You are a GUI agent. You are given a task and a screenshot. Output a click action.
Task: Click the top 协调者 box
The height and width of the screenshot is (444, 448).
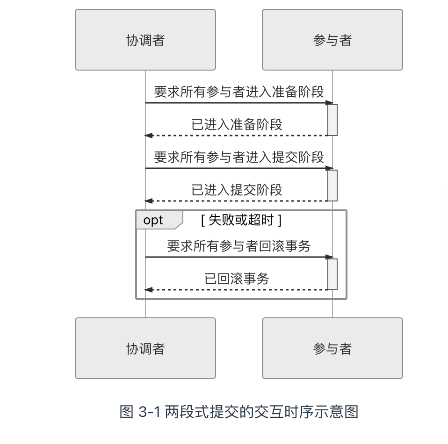(x=145, y=40)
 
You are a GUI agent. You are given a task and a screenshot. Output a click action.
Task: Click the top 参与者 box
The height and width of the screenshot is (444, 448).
(x=332, y=40)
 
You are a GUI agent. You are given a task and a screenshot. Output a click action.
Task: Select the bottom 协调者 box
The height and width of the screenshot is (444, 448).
(x=145, y=348)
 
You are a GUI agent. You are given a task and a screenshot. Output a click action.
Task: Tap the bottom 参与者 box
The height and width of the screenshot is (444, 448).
(x=332, y=348)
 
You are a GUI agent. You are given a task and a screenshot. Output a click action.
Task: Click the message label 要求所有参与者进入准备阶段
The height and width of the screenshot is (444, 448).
(x=239, y=92)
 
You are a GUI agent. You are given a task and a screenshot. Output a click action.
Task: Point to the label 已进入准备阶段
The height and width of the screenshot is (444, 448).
(x=237, y=124)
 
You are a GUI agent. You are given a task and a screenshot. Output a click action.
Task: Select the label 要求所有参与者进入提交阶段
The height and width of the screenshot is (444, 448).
(x=239, y=157)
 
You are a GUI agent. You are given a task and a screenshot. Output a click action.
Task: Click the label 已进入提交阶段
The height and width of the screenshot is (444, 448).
(x=237, y=190)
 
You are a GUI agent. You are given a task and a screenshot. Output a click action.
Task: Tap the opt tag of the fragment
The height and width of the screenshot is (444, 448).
(x=153, y=220)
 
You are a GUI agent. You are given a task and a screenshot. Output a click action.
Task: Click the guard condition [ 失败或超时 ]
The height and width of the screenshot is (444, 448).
(x=241, y=220)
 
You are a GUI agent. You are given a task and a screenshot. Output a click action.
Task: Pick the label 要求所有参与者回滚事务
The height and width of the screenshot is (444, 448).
(x=239, y=246)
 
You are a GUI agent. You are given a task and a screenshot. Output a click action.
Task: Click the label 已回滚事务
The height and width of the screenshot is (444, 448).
(x=237, y=279)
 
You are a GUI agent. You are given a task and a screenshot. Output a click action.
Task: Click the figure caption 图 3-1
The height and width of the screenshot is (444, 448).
(x=239, y=412)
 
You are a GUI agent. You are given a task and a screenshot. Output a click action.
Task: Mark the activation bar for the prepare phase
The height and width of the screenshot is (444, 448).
(x=332, y=120)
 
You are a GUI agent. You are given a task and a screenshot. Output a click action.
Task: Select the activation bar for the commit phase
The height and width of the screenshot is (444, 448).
(x=332, y=185)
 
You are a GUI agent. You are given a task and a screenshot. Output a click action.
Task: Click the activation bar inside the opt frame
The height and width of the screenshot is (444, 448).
(x=332, y=274)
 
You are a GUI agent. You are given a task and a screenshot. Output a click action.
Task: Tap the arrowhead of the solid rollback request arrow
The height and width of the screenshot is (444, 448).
(x=329, y=257)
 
